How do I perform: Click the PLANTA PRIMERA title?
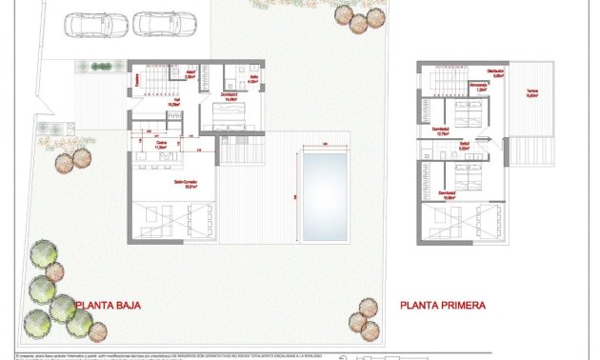tap(443, 306)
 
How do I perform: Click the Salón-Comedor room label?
tap(185, 185)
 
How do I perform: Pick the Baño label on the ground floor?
tap(253, 79)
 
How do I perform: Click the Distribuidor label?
tap(494, 73)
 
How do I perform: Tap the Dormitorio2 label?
tap(440, 131)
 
